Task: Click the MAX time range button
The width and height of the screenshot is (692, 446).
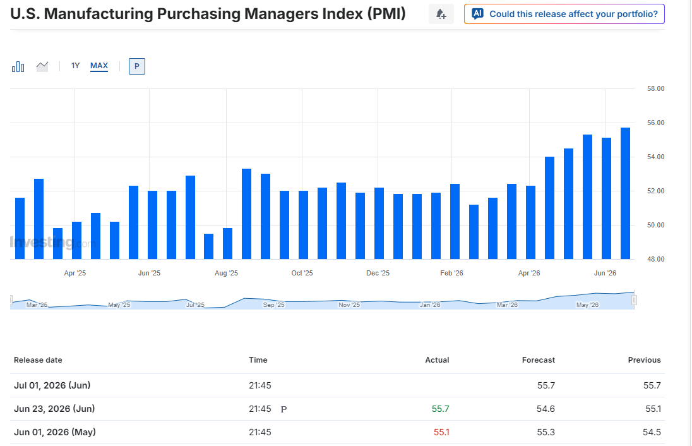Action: pyautogui.click(x=99, y=66)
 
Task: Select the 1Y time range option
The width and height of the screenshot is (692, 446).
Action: pyautogui.click(x=76, y=66)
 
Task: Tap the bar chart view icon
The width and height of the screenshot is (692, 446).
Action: pyautogui.click(x=18, y=67)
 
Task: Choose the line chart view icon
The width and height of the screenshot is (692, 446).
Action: pyautogui.click(x=42, y=67)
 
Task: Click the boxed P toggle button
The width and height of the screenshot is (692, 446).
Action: pyautogui.click(x=137, y=66)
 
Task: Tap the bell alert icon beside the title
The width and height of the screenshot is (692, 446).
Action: pyautogui.click(x=441, y=14)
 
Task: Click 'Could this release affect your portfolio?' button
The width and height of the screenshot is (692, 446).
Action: pyautogui.click(x=564, y=14)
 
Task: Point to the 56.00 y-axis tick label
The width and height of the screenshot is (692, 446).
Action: pyautogui.click(x=656, y=123)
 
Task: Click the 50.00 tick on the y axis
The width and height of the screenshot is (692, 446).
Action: pyautogui.click(x=656, y=225)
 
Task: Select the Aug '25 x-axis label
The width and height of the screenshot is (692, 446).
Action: pyautogui.click(x=227, y=273)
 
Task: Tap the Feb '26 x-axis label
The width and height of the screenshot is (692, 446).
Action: pyautogui.click(x=451, y=273)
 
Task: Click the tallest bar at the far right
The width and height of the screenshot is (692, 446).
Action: pyautogui.click(x=625, y=193)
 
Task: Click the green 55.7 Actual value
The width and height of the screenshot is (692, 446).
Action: pyautogui.click(x=441, y=409)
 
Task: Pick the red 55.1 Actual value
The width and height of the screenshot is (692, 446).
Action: pyautogui.click(x=441, y=432)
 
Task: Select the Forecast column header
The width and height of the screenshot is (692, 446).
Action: pyautogui.click(x=539, y=360)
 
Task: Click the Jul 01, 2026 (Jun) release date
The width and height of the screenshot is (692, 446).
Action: pyautogui.click(x=52, y=385)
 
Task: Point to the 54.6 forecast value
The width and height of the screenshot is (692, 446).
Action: pyautogui.click(x=546, y=409)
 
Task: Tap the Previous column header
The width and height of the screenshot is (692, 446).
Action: pyautogui.click(x=645, y=360)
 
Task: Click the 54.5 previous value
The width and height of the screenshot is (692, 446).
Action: pyautogui.click(x=652, y=432)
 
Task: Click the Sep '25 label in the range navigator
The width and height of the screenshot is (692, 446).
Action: pyautogui.click(x=273, y=304)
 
